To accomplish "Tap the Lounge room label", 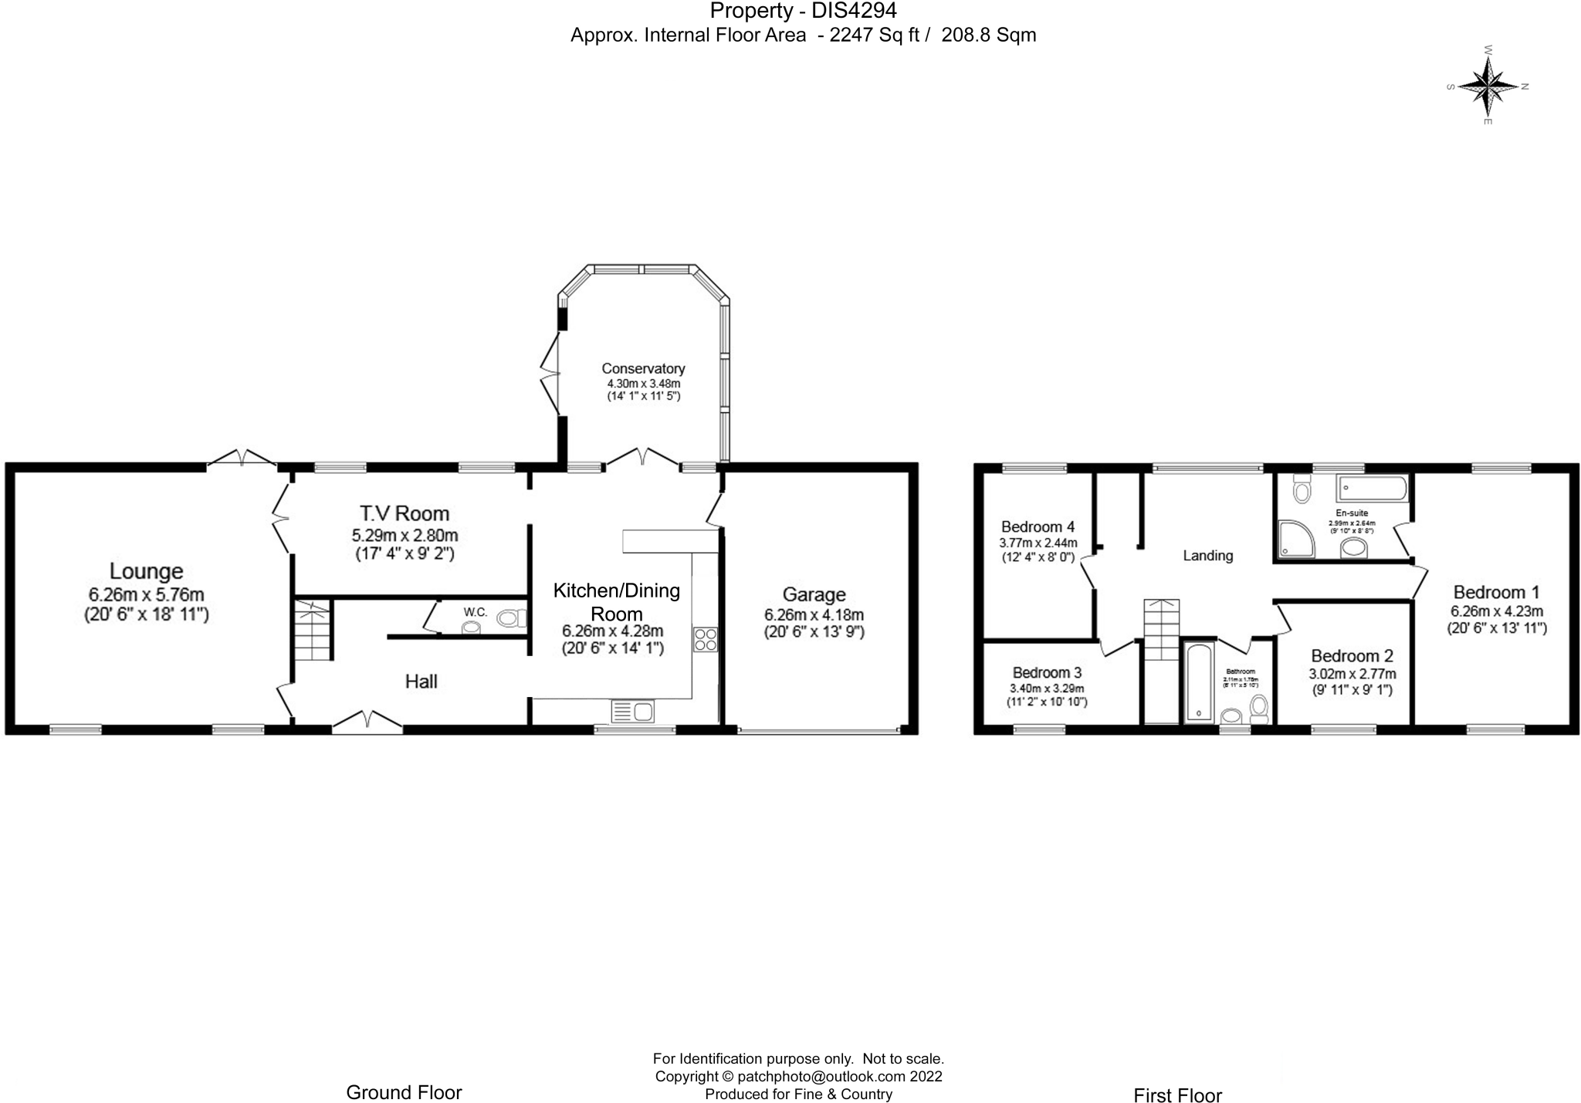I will tap(146, 571).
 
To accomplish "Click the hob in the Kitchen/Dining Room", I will tap(706, 640).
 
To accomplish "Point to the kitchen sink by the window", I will tap(632, 711).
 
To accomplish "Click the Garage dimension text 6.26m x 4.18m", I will tap(814, 615).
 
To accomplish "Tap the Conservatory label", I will tap(643, 369).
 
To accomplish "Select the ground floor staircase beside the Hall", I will tap(313, 630).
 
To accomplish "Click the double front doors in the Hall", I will tap(367, 719).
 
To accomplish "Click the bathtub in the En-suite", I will tap(1373, 489).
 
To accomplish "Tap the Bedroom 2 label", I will tap(1352, 656).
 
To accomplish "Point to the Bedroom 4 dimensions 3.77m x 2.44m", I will tap(1038, 543).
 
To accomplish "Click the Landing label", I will tap(1208, 556).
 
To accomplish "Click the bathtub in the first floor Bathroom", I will tap(1199, 682).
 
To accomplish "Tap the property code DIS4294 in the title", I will tap(854, 11).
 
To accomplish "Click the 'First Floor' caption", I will tap(1177, 1095).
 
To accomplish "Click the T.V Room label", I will tap(405, 513).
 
